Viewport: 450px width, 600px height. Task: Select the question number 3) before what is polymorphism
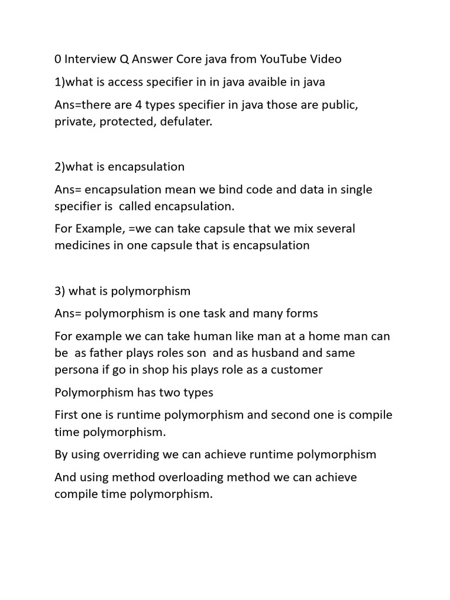click(x=61, y=291)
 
